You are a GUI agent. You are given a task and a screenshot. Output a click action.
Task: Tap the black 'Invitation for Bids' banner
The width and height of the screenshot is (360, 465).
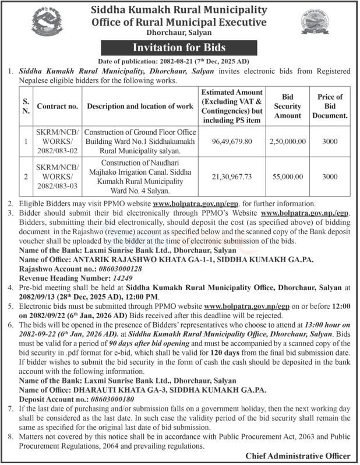pyautogui.click(x=180, y=47)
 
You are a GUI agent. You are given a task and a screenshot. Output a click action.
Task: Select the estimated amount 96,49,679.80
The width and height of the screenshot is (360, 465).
pyautogui.click(x=232, y=142)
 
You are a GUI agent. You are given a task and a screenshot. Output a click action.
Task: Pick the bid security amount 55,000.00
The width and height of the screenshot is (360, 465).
pyautogui.click(x=287, y=176)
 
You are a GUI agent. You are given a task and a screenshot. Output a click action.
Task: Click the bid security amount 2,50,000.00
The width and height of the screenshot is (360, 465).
pyautogui.click(x=287, y=142)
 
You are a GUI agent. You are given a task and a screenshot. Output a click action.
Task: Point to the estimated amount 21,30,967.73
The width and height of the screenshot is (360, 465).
pyautogui.click(x=232, y=176)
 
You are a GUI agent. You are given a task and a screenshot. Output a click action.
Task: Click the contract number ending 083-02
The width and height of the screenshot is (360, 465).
pyautogui.click(x=57, y=142)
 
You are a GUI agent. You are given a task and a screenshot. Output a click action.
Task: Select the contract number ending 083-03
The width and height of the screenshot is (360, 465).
pyautogui.click(x=57, y=176)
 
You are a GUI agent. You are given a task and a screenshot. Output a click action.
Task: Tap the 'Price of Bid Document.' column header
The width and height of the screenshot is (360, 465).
pyautogui.click(x=330, y=106)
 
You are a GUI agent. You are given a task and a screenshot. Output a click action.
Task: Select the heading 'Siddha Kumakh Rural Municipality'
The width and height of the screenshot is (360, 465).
pyautogui.click(x=180, y=10)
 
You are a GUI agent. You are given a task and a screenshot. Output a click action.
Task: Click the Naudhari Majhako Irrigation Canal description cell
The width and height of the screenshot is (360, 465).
pyautogui.click(x=142, y=176)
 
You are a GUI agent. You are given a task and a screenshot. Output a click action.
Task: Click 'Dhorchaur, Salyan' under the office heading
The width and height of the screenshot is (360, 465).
pyautogui.click(x=180, y=34)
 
